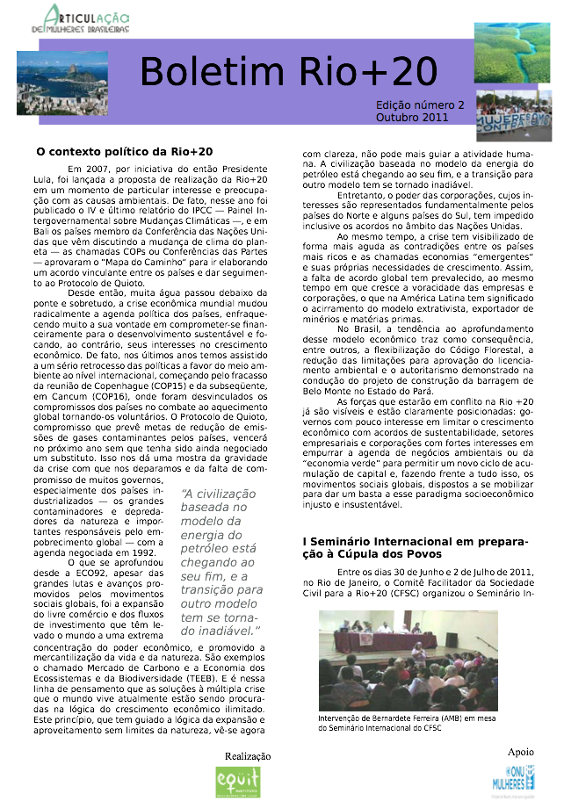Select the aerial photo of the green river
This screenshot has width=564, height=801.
[512, 53]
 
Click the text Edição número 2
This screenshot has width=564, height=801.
[420, 105]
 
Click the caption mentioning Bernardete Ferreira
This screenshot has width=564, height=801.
[408, 722]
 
